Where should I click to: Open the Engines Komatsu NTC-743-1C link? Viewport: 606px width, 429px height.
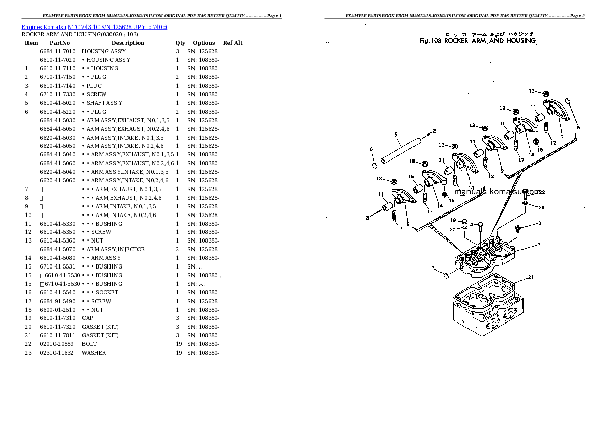click(x=94, y=26)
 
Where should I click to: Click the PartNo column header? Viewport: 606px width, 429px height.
click(x=60, y=43)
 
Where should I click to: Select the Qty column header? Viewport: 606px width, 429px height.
click(x=180, y=43)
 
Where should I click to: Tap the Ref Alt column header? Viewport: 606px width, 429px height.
click(x=233, y=43)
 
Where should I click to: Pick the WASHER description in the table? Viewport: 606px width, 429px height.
click(x=94, y=353)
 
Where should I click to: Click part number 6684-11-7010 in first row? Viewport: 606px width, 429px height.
click(x=58, y=51)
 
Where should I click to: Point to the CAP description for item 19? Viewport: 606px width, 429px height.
click(x=87, y=318)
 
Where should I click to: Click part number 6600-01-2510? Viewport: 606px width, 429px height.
click(x=58, y=310)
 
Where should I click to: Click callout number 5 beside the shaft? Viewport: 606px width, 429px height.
click(x=396, y=135)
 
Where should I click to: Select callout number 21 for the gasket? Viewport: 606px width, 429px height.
click(x=530, y=278)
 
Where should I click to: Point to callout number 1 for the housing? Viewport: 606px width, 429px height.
click(x=538, y=245)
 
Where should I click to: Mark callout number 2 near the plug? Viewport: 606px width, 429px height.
click(x=433, y=268)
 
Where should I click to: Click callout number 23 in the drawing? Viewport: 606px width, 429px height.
click(x=541, y=207)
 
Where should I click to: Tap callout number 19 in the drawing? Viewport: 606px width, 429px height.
click(x=453, y=220)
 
